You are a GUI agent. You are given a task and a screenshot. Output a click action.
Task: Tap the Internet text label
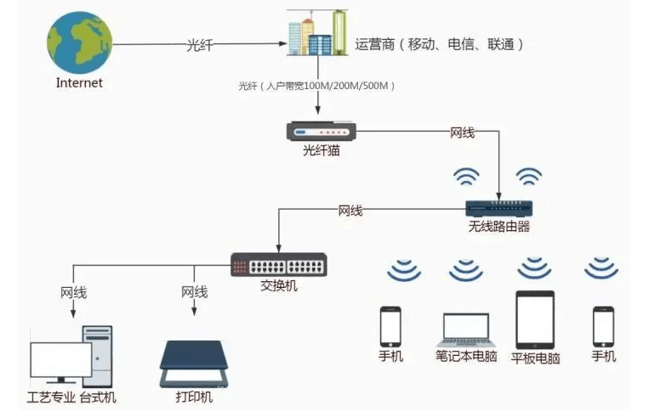point(79,82)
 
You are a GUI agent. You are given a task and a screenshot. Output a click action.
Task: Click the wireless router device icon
point(498,207)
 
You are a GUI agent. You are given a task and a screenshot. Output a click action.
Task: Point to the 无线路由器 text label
point(498,227)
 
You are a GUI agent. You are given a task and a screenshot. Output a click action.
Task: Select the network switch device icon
point(279,265)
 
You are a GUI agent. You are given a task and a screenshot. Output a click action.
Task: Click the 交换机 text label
point(279,286)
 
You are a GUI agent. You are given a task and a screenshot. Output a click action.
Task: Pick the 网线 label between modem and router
point(463,132)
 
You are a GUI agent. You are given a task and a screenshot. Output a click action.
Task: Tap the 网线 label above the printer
point(194,292)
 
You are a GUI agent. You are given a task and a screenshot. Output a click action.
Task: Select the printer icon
point(194,363)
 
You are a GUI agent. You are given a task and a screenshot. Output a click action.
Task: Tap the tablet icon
point(535,319)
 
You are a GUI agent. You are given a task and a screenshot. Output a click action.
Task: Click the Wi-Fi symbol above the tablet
point(535,269)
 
